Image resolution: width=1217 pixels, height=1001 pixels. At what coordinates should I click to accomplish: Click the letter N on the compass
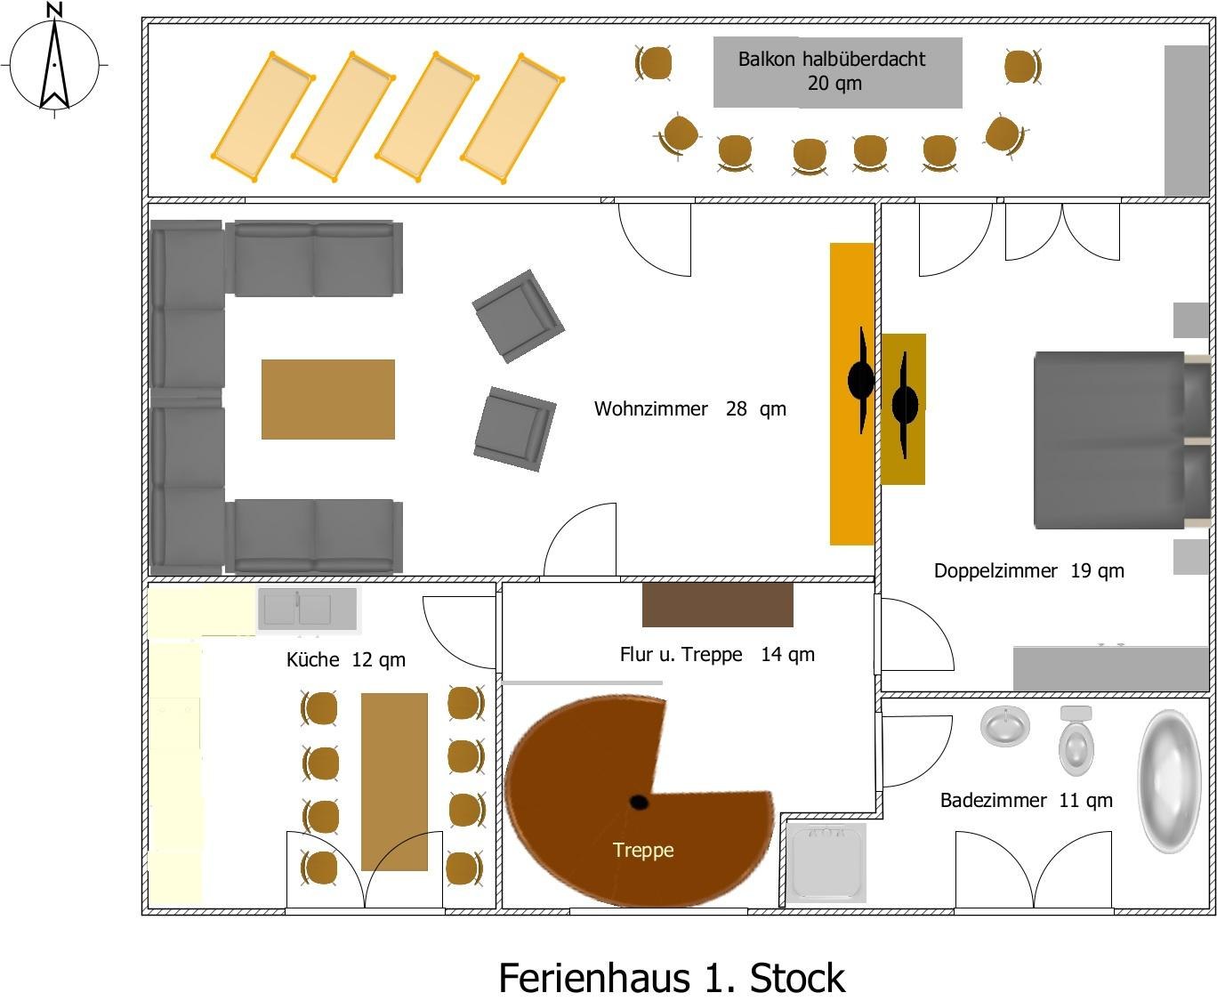point(54,10)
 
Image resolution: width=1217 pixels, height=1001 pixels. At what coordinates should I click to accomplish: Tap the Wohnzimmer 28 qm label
point(689,409)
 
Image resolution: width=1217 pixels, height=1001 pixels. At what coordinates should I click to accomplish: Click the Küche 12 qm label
point(345,659)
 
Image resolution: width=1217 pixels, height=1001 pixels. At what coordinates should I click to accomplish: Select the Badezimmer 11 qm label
point(1026,800)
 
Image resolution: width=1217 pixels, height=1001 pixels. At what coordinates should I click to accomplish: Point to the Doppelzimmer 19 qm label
point(1028,570)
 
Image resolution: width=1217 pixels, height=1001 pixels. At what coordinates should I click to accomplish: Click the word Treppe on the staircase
point(643,850)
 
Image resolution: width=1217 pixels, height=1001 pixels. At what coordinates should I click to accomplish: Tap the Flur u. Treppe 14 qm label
point(716,654)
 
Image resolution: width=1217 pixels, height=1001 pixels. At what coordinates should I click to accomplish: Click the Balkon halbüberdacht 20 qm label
point(833,71)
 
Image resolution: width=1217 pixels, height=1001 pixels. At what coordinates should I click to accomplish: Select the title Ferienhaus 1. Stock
point(671,977)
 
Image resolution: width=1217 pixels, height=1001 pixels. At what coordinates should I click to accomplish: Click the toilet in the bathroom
point(1076,743)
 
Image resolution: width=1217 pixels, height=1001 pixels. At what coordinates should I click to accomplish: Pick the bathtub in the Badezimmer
point(1170,780)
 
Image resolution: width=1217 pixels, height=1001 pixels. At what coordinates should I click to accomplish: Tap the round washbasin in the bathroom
point(1005,725)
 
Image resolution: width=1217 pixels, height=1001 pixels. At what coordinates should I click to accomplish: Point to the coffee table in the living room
point(327,399)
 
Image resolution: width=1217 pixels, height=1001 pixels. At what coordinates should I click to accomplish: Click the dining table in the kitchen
point(394,781)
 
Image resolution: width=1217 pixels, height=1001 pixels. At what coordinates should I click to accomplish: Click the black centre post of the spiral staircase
point(639,803)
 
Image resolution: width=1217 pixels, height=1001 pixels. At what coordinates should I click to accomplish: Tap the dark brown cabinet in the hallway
point(717,605)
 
